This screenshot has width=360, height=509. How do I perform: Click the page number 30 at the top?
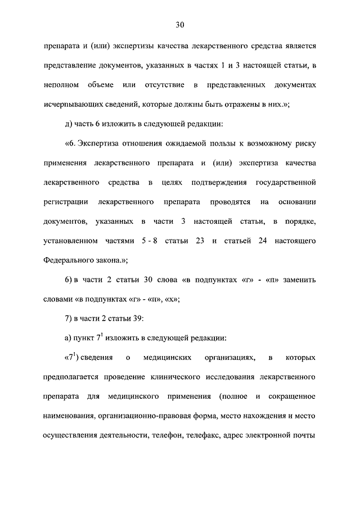180,25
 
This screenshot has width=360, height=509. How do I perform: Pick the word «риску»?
304,144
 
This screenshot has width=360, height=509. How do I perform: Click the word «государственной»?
285,183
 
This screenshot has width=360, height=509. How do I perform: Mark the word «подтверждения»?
218,183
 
